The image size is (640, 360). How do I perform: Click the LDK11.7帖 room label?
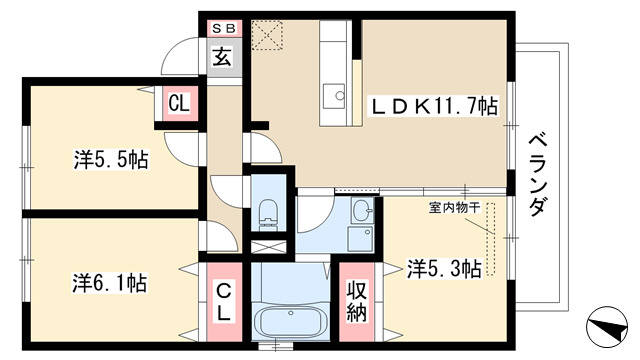coord(433,107)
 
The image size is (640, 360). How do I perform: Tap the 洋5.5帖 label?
coord(111,159)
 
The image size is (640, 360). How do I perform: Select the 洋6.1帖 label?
coord(110,283)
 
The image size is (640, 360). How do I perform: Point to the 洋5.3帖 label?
coord(444,269)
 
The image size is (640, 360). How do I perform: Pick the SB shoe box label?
coord(224,29)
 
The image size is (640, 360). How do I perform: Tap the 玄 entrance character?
coord(222,56)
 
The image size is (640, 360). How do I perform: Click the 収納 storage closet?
coord(357,302)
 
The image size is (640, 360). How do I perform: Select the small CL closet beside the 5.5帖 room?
coord(180,104)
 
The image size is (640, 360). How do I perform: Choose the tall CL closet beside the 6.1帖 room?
coord(224,302)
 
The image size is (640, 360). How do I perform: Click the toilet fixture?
coord(268,215)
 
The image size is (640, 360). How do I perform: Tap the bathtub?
coord(291,320)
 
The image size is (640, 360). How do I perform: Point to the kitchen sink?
coord(334,96)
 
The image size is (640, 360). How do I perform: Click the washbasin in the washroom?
coord(362,210)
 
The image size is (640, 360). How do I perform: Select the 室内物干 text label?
coord(455,208)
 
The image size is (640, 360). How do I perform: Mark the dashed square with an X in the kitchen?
coord(267,35)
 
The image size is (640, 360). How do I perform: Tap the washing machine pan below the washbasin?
coord(360,239)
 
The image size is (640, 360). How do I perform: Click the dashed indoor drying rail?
coord(490,239)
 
